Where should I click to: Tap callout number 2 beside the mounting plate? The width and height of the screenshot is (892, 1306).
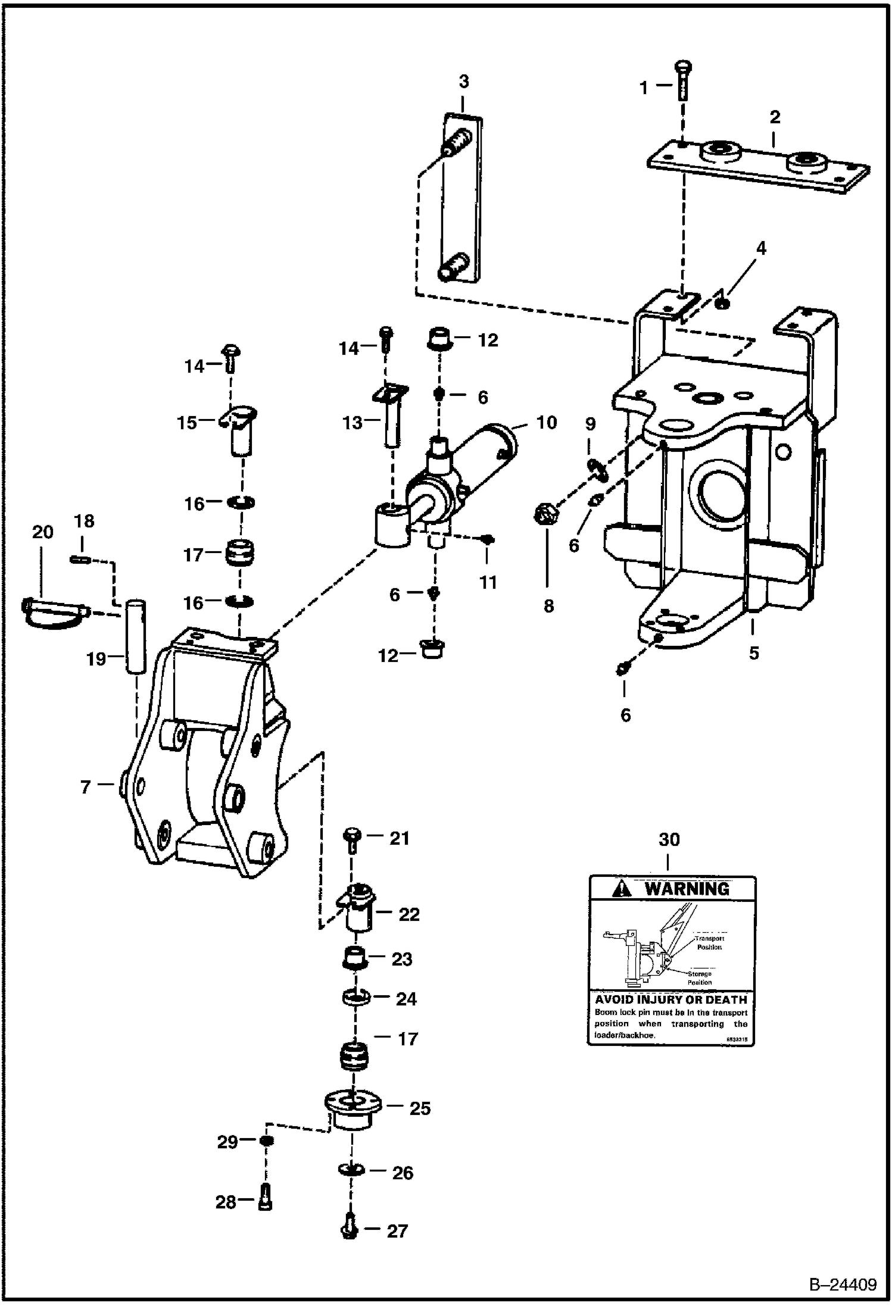pos(774,117)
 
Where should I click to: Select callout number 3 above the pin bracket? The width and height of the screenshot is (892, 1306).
pos(464,82)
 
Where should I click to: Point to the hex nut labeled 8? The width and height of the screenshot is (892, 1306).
pos(545,513)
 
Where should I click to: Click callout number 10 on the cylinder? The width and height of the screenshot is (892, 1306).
pos(546,423)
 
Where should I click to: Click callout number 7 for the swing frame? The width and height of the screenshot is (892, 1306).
pos(85,787)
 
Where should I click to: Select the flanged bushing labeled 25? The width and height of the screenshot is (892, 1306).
pos(353,1112)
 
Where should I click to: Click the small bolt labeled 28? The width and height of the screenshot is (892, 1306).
pos(266,1201)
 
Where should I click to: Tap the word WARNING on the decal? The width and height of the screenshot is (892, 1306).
pos(687,889)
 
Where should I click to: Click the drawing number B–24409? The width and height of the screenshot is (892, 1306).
pos(841,1285)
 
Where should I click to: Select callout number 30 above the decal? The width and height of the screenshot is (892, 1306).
pos(669,839)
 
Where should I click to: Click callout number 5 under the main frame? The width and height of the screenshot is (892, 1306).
pos(754,653)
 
